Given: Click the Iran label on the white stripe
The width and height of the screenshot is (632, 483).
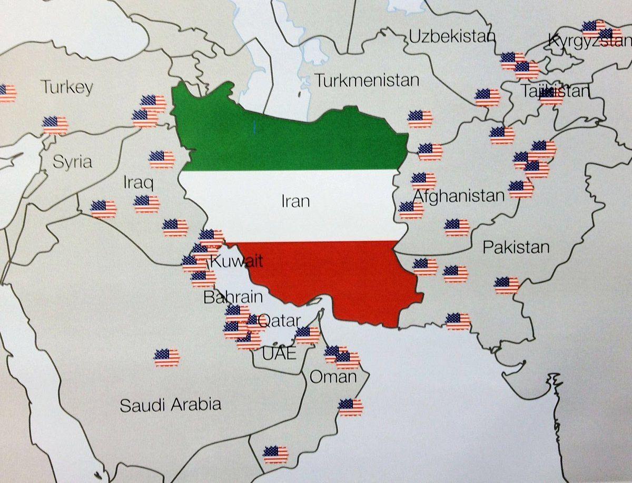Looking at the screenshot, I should pos(295,201).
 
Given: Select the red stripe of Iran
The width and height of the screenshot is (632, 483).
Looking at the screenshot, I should pos(337,279).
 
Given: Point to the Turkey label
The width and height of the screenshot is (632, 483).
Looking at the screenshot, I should pos(67,87).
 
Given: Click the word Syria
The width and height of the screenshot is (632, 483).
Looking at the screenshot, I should pos(72,162).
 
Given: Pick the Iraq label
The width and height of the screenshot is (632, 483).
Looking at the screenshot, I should pos(138,184).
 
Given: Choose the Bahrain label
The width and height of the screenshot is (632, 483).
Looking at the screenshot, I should pos(233,297).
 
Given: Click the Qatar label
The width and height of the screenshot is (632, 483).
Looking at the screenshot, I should pos(281,320).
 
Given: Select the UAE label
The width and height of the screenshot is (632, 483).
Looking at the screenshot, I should pos(279,353).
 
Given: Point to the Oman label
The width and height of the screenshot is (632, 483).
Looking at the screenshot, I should pos(333,377).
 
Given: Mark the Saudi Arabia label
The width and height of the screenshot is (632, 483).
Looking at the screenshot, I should pos(170,405).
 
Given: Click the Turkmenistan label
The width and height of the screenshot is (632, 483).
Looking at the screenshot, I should pos(367,80).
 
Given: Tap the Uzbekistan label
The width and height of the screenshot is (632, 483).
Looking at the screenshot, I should pos(452,37).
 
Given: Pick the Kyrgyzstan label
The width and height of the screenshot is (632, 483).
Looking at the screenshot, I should pos(589,40).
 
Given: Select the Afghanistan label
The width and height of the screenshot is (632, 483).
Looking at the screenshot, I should pos(458,196).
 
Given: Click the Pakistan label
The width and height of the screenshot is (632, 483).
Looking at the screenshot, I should pos(516,247).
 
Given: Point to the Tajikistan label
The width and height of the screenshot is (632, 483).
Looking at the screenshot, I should pos(555,91).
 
